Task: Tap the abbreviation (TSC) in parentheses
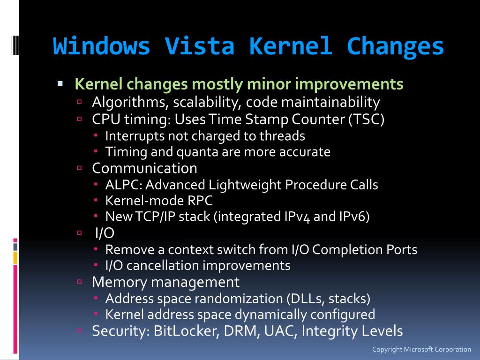click(x=366, y=120)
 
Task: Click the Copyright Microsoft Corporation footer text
click(x=421, y=349)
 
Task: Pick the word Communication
click(x=144, y=168)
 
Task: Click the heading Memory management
click(x=165, y=282)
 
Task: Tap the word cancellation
click(x=164, y=265)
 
